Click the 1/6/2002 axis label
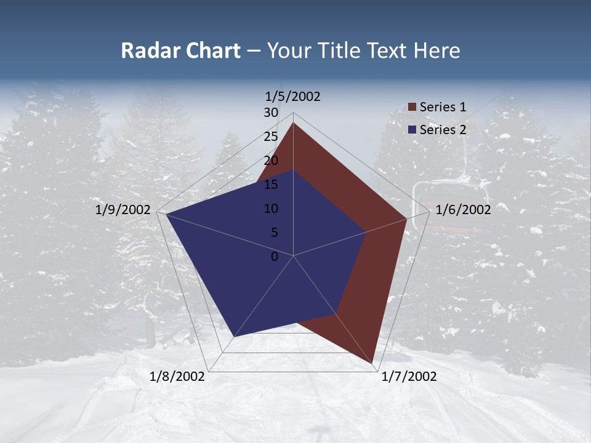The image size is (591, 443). click(x=463, y=210)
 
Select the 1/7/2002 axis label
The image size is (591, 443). click(x=409, y=377)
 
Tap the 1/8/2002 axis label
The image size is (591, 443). click(x=177, y=377)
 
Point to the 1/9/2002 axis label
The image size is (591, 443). click(x=123, y=210)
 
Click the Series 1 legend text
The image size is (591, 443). click(x=443, y=107)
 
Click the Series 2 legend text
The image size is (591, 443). click(x=443, y=129)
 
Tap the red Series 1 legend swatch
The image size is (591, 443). click(x=412, y=108)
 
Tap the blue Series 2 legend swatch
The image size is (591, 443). click(x=412, y=130)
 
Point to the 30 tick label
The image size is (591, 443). click(x=271, y=113)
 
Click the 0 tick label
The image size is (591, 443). click(x=275, y=257)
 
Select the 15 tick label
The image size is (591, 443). click(x=271, y=185)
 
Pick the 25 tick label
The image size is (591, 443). click(x=271, y=137)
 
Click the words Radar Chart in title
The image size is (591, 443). click(x=180, y=50)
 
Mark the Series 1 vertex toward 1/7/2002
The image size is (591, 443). click(x=374, y=363)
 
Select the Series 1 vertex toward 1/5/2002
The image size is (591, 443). click(x=294, y=123)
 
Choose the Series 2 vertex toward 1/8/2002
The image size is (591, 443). click(x=235, y=337)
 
